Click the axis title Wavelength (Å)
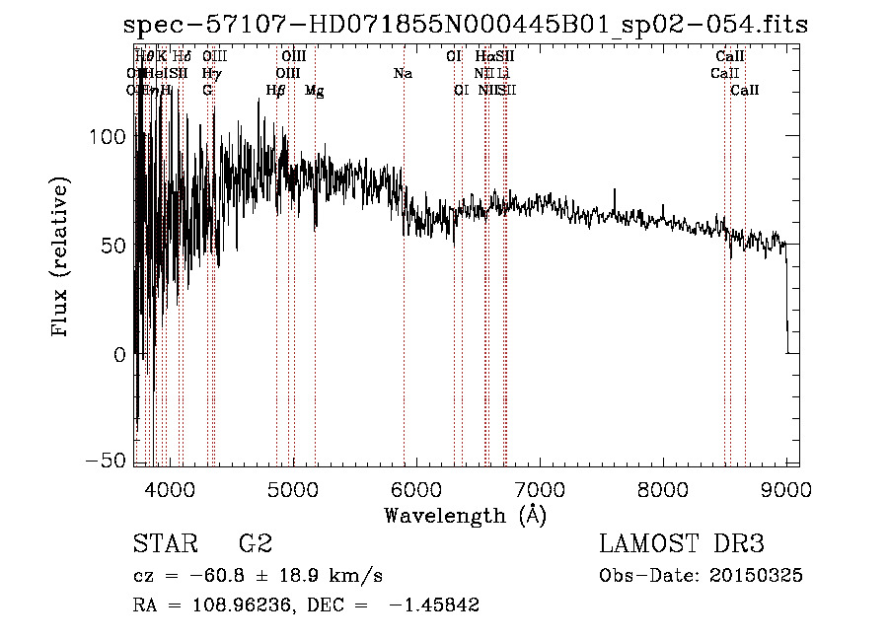[465, 515]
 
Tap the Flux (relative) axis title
[61, 256]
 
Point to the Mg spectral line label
[314, 91]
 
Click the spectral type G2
[255, 544]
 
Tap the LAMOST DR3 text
[682, 544]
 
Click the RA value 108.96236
[233, 605]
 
